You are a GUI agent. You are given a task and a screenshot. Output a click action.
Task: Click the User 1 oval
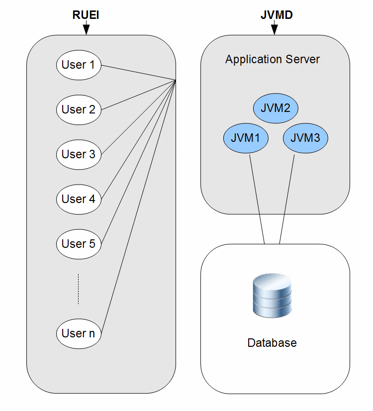tap(79, 65)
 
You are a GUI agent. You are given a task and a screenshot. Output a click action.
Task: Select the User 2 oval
tap(79, 109)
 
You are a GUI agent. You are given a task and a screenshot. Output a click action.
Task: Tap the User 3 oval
tap(79, 154)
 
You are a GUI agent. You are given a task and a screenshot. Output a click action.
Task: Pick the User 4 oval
tap(79, 199)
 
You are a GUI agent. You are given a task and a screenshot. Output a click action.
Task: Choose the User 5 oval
tap(79, 244)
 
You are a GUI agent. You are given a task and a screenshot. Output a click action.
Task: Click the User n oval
tap(79, 333)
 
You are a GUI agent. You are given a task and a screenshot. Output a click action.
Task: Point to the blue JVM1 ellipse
tap(246, 138)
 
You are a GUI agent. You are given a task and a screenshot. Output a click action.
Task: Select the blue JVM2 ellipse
tap(276, 108)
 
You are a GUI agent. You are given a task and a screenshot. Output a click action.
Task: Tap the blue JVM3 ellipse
tap(305, 138)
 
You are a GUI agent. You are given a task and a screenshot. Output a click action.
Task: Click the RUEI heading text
tap(86, 15)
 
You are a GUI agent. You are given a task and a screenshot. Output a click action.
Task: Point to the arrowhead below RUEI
tap(86, 30)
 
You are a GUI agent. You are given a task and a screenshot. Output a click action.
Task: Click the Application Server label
tap(273, 60)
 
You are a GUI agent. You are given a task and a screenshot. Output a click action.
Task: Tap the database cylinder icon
tap(272, 297)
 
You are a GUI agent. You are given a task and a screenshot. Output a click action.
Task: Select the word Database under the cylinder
tap(272, 343)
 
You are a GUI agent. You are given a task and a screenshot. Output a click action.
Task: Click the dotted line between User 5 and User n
tap(79, 289)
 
